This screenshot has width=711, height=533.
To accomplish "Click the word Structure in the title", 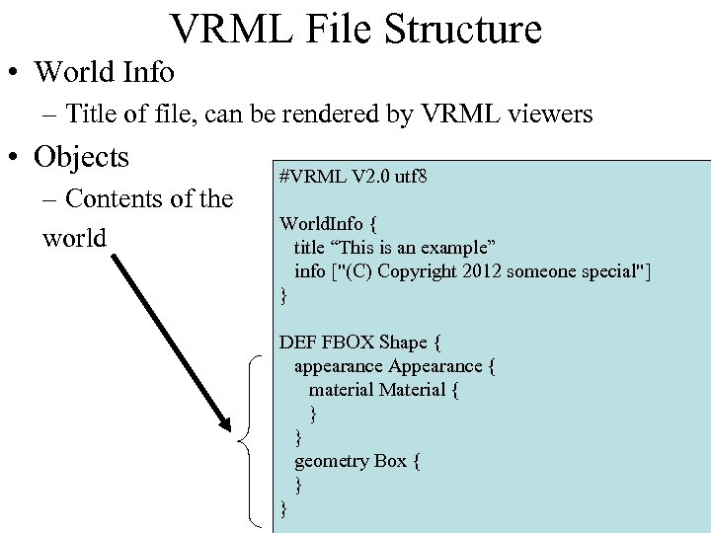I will tap(464, 30).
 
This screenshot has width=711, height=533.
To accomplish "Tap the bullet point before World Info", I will tap(14, 72).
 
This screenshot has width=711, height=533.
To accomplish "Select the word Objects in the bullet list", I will tap(82, 157).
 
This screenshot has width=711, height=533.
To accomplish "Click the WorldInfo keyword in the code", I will tap(321, 224).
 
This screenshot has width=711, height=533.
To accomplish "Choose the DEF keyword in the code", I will tap(297, 343).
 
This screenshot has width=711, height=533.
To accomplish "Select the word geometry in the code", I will tap(331, 461).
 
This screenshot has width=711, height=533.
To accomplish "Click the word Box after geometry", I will tap(389, 461).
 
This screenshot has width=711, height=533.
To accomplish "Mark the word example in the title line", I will tap(444, 248).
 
